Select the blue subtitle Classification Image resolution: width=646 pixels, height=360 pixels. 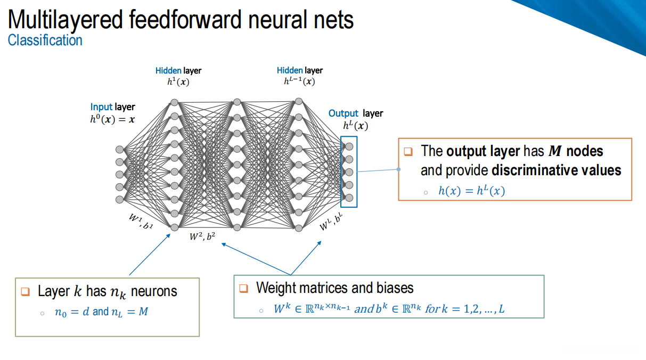(x=45, y=40)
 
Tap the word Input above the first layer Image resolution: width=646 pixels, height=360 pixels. (x=101, y=107)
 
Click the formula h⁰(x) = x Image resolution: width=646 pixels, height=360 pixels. (x=112, y=119)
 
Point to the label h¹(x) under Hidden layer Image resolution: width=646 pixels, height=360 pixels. (x=178, y=81)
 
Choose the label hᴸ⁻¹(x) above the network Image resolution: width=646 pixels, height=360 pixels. (x=299, y=81)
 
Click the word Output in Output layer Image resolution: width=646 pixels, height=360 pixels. (x=343, y=113)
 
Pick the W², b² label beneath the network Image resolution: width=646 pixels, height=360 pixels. (x=202, y=237)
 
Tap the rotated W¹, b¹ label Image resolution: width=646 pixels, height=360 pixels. (x=140, y=221)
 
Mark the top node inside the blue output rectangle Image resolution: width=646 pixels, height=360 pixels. (x=349, y=146)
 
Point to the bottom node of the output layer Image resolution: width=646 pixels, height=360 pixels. (x=349, y=198)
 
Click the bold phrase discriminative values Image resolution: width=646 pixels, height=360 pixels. (x=556, y=170)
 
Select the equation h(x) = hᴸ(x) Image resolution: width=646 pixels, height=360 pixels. (x=471, y=191)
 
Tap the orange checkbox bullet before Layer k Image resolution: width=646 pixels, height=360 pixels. (x=25, y=291)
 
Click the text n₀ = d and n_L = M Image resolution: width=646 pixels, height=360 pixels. (x=101, y=312)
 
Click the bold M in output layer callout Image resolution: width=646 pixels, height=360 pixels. (x=555, y=151)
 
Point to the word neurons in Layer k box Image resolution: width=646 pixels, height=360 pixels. (x=154, y=291)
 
